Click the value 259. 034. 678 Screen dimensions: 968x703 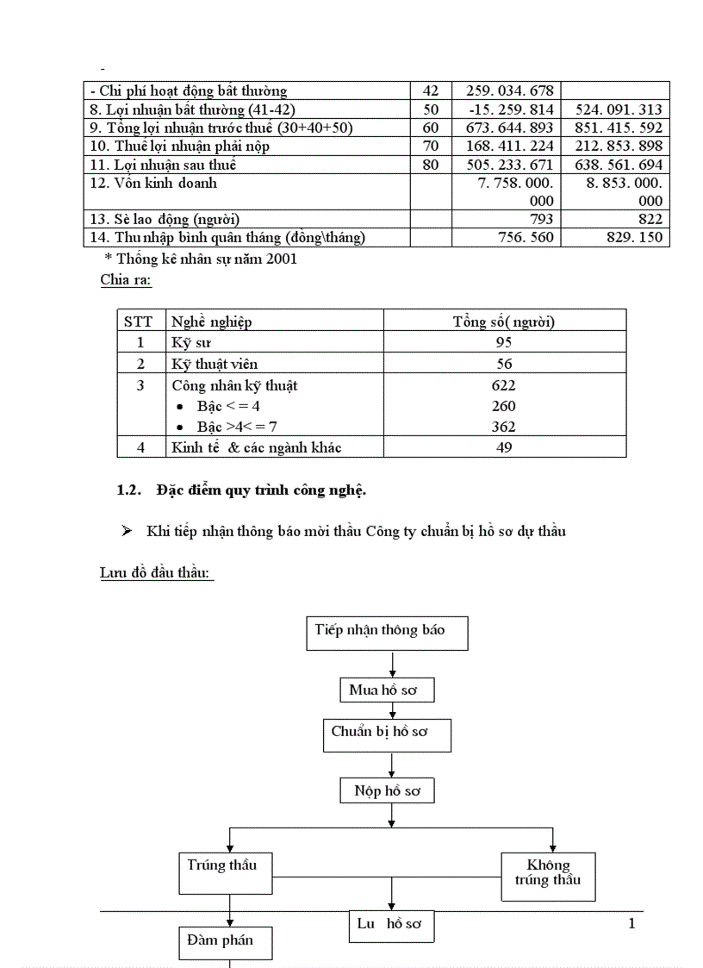pos(510,91)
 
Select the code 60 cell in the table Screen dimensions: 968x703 pos(432,128)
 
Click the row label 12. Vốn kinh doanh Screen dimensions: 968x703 pos(153,184)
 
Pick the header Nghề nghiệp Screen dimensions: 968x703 pos(211,322)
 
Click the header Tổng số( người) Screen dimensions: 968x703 pos(504,322)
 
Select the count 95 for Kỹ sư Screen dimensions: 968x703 pos(504,342)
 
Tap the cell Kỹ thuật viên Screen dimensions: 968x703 pos(215,364)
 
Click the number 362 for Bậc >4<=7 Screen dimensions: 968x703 pos(504,427)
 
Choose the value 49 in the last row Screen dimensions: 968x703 pos(504,447)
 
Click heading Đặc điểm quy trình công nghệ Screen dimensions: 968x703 pos(261,490)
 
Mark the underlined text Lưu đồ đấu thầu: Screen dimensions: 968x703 pos(157,573)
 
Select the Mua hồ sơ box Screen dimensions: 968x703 pos(386,690)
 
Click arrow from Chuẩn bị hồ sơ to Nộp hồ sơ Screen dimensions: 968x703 pos(392,765)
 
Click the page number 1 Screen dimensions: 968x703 pos(631,924)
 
